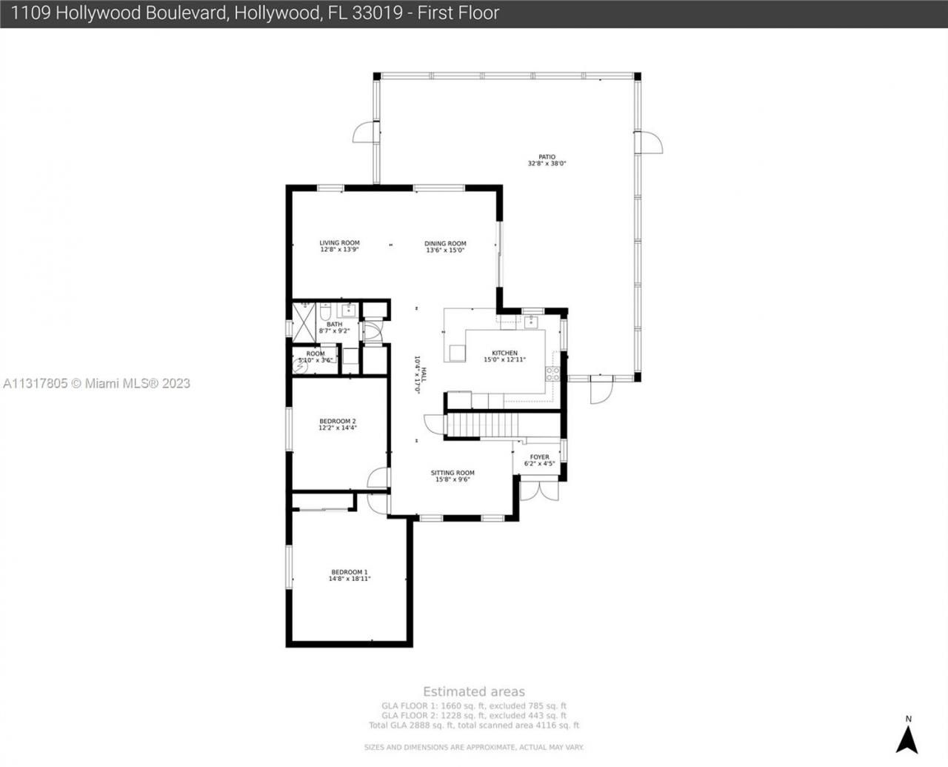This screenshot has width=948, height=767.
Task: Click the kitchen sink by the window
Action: pos(530,322)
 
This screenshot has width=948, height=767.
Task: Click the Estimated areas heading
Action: pos(474,691)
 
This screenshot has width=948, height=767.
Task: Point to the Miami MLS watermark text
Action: pos(96,383)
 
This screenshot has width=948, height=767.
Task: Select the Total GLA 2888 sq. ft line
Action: pos(474,726)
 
